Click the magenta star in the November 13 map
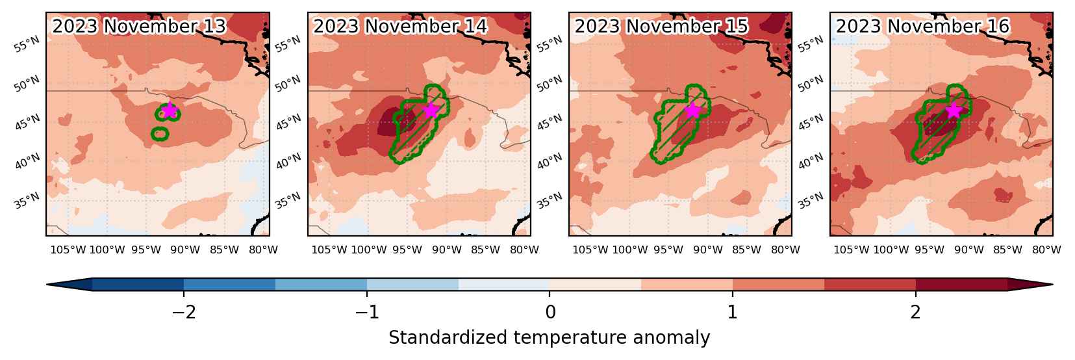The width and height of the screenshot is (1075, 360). pos(170,110)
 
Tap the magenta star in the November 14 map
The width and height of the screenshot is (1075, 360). pos(431,110)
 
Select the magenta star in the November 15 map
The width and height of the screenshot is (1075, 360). pos(692,110)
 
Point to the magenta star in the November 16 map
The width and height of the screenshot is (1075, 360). pos(954,110)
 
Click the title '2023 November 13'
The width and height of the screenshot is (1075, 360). pos(139,27)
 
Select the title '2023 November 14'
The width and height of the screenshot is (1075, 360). pos(400,27)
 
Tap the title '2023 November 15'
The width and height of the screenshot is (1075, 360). pos(661,27)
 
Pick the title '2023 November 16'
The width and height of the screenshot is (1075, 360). pos(922,27)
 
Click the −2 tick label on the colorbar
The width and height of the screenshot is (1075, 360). pos(184,313)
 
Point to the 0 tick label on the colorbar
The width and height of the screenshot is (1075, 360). pos(550,313)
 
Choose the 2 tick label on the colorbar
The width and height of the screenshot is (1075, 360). pos(916,313)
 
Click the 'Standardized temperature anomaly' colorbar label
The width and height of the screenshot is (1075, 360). pos(549,338)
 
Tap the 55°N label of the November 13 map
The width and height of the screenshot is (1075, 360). pos(27,45)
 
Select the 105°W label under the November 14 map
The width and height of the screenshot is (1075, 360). pos(329,250)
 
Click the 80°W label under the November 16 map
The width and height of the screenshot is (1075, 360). pos(1046,250)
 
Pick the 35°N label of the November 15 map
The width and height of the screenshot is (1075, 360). pos(550,201)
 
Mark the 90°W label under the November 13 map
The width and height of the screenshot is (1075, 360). pos(185,250)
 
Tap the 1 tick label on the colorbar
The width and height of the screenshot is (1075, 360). pos(732,313)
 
